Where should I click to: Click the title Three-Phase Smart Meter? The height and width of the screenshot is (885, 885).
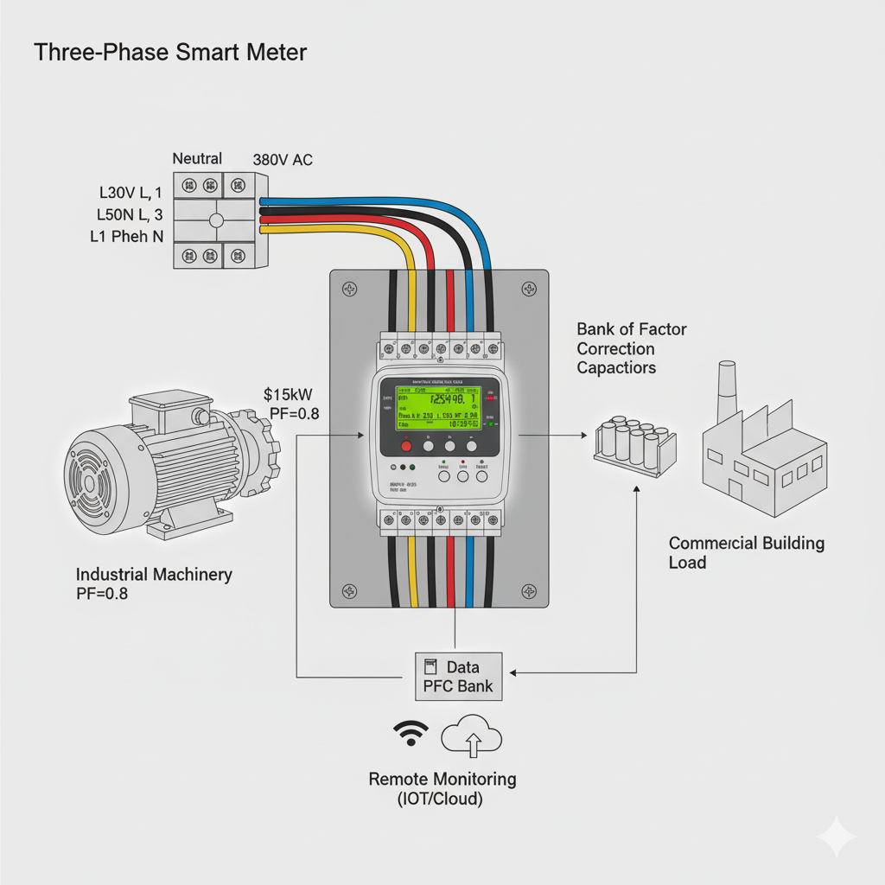pyautogui.click(x=170, y=53)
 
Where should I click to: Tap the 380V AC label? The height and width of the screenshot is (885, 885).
pyautogui.click(x=283, y=160)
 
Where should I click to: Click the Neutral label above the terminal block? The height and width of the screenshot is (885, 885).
pyautogui.click(x=197, y=158)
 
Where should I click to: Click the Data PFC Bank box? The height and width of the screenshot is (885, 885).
pyautogui.click(x=457, y=677)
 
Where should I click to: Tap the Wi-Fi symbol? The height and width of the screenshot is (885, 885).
pyautogui.click(x=411, y=734)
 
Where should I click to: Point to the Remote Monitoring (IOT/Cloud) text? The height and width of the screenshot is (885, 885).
pyautogui.click(x=442, y=788)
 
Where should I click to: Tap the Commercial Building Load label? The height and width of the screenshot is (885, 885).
pyautogui.click(x=747, y=553)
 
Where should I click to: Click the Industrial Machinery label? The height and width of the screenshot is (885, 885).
pyautogui.click(x=154, y=574)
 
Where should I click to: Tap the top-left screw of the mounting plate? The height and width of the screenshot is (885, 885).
pyautogui.click(x=349, y=290)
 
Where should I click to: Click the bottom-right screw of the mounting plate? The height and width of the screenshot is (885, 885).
pyautogui.click(x=528, y=590)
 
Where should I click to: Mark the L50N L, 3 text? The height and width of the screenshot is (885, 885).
pyautogui.click(x=130, y=213)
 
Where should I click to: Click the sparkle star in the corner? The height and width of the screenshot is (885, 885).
pyautogui.click(x=837, y=837)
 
